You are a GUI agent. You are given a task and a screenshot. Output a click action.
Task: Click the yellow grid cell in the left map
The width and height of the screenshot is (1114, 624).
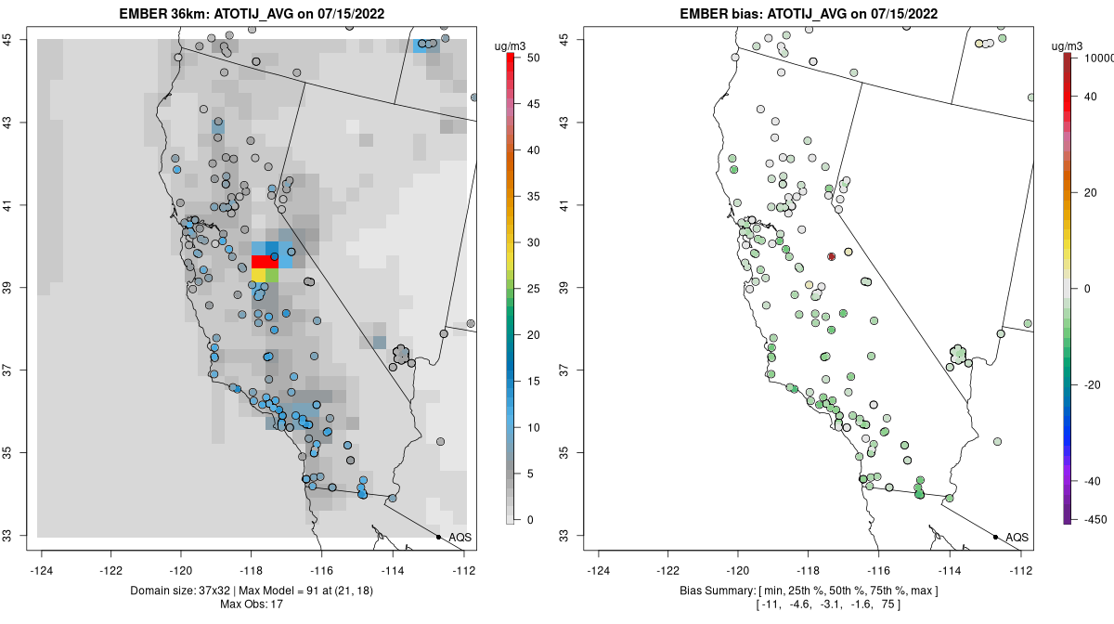[x=258, y=275]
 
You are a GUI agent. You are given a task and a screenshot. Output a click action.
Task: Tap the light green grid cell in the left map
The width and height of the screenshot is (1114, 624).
[x=272, y=275]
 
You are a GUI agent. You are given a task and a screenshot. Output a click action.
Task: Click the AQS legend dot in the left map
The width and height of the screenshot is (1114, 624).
[x=438, y=537]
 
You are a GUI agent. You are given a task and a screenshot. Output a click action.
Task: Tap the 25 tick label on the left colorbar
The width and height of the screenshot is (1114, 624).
[x=533, y=289]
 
